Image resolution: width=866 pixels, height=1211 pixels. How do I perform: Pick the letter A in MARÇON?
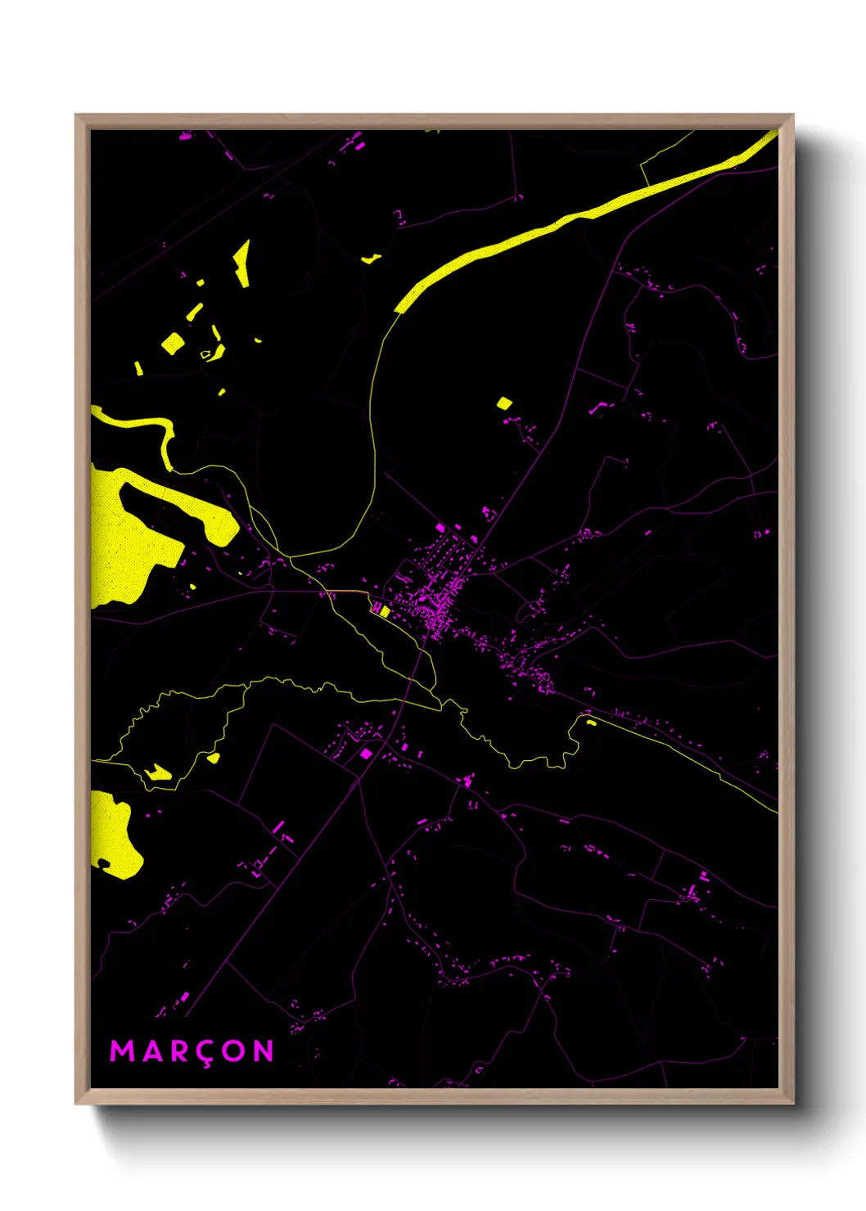pos(150,1051)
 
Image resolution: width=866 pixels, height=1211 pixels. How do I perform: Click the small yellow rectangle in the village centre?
pos(384,610)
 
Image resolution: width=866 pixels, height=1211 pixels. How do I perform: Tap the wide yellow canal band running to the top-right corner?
pos(573,217)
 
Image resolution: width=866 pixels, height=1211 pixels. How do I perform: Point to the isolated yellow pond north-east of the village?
pos(503,403)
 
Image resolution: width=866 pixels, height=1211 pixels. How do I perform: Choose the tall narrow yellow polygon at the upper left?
pos(242,263)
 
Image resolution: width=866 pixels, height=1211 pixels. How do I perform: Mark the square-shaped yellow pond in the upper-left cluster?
pos(172,343)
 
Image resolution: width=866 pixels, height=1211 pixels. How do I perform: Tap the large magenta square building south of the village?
pos(367,754)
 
